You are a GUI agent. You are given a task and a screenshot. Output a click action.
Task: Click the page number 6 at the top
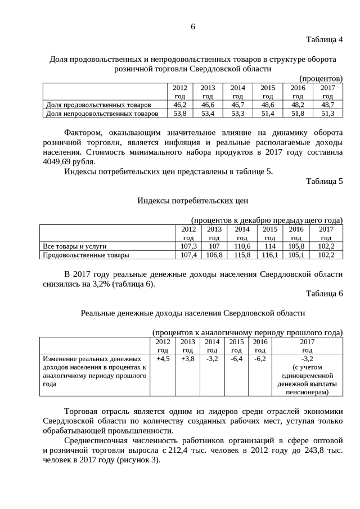click(x=192, y=26)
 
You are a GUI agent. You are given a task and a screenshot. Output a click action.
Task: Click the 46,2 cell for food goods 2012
click(x=179, y=105)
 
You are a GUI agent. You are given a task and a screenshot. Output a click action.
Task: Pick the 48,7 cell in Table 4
click(x=327, y=105)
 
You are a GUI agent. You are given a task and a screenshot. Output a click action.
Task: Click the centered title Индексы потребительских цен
click(x=192, y=200)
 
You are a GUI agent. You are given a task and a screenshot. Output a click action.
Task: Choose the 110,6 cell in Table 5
click(x=242, y=246)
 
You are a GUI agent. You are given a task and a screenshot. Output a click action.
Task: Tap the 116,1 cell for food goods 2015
click(x=270, y=255)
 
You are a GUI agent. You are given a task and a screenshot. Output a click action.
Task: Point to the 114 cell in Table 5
click(x=270, y=246)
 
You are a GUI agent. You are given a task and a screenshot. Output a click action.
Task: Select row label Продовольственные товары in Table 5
click(x=86, y=255)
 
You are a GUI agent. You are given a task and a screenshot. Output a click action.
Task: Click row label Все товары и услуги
click(x=75, y=246)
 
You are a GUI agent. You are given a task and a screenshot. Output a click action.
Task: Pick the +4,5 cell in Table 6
click(x=163, y=358)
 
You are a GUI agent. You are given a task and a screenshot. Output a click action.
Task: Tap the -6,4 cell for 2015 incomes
click(x=236, y=358)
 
